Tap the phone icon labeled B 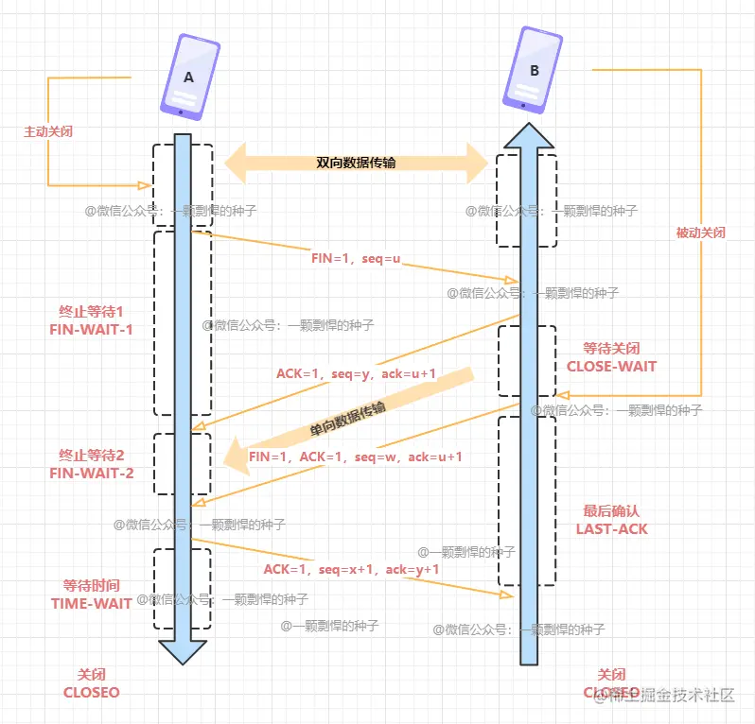(x=534, y=70)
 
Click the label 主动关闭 (x=48, y=131)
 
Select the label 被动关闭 (x=701, y=232)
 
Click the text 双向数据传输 (x=356, y=163)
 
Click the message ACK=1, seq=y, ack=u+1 (x=356, y=373)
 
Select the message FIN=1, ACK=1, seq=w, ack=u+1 (x=356, y=457)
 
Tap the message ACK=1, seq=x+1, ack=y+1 (x=351, y=570)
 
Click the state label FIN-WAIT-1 (x=92, y=329)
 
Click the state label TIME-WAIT (x=92, y=602)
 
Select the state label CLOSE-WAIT (x=611, y=366)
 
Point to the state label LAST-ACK (x=612, y=529)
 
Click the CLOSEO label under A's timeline (x=92, y=692)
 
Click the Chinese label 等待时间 (x=92, y=585)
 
